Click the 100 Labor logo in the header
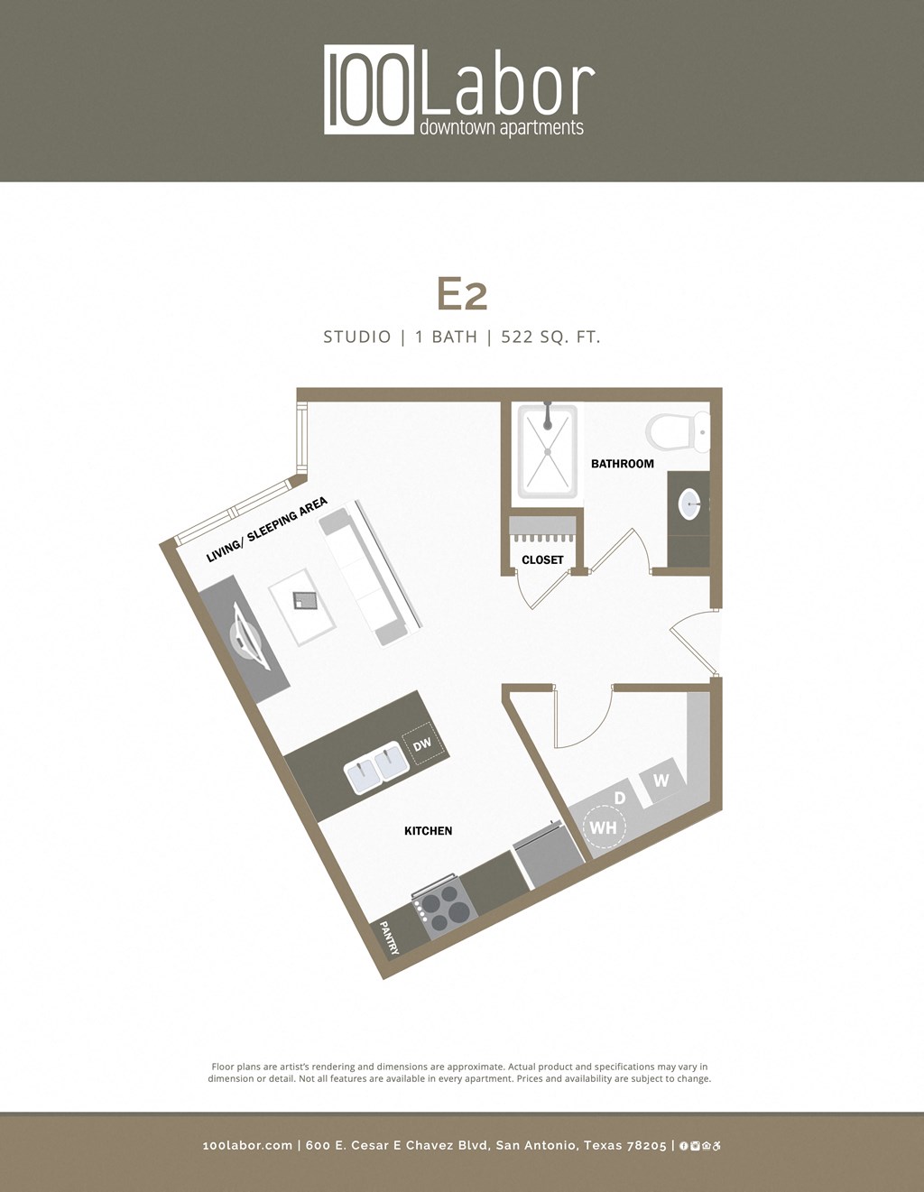pyautogui.click(x=459, y=91)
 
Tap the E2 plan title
pyautogui.click(x=462, y=294)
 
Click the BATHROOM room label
pyautogui.click(x=622, y=464)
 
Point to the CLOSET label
pyautogui.click(x=542, y=560)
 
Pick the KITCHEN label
pyautogui.click(x=428, y=831)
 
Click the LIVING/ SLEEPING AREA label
pyautogui.click(x=266, y=530)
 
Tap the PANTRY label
pyautogui.click(x=389, y=937)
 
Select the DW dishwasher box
pyautogui.click(x=420, y=745)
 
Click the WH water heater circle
pyautogui.click(x=603, y=827)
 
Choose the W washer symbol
pyautogui.click(x=661, y=781)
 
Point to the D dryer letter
pyautogui.click(x=619, y=799)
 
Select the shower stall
pyautogui.click(x=546, y=451)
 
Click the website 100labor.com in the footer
pyautogui.click(x=247, y=1145)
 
